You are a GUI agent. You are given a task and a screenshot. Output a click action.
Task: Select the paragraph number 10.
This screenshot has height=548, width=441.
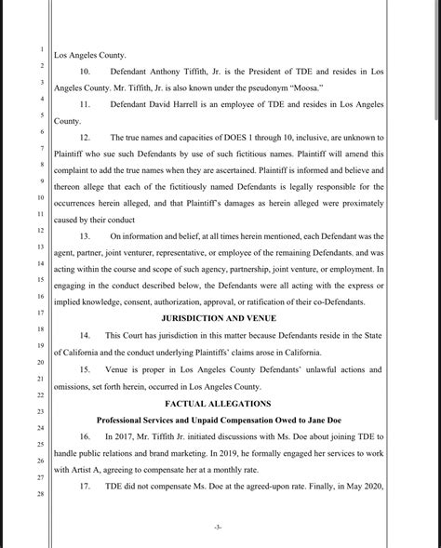click(86, 72)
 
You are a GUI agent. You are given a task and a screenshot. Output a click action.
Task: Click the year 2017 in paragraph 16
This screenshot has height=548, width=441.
click(129, 436)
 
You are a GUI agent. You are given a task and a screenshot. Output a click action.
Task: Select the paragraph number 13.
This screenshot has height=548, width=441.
click(86, 236)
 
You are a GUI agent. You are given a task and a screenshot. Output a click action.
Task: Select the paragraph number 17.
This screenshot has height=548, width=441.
click(86, 487)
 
